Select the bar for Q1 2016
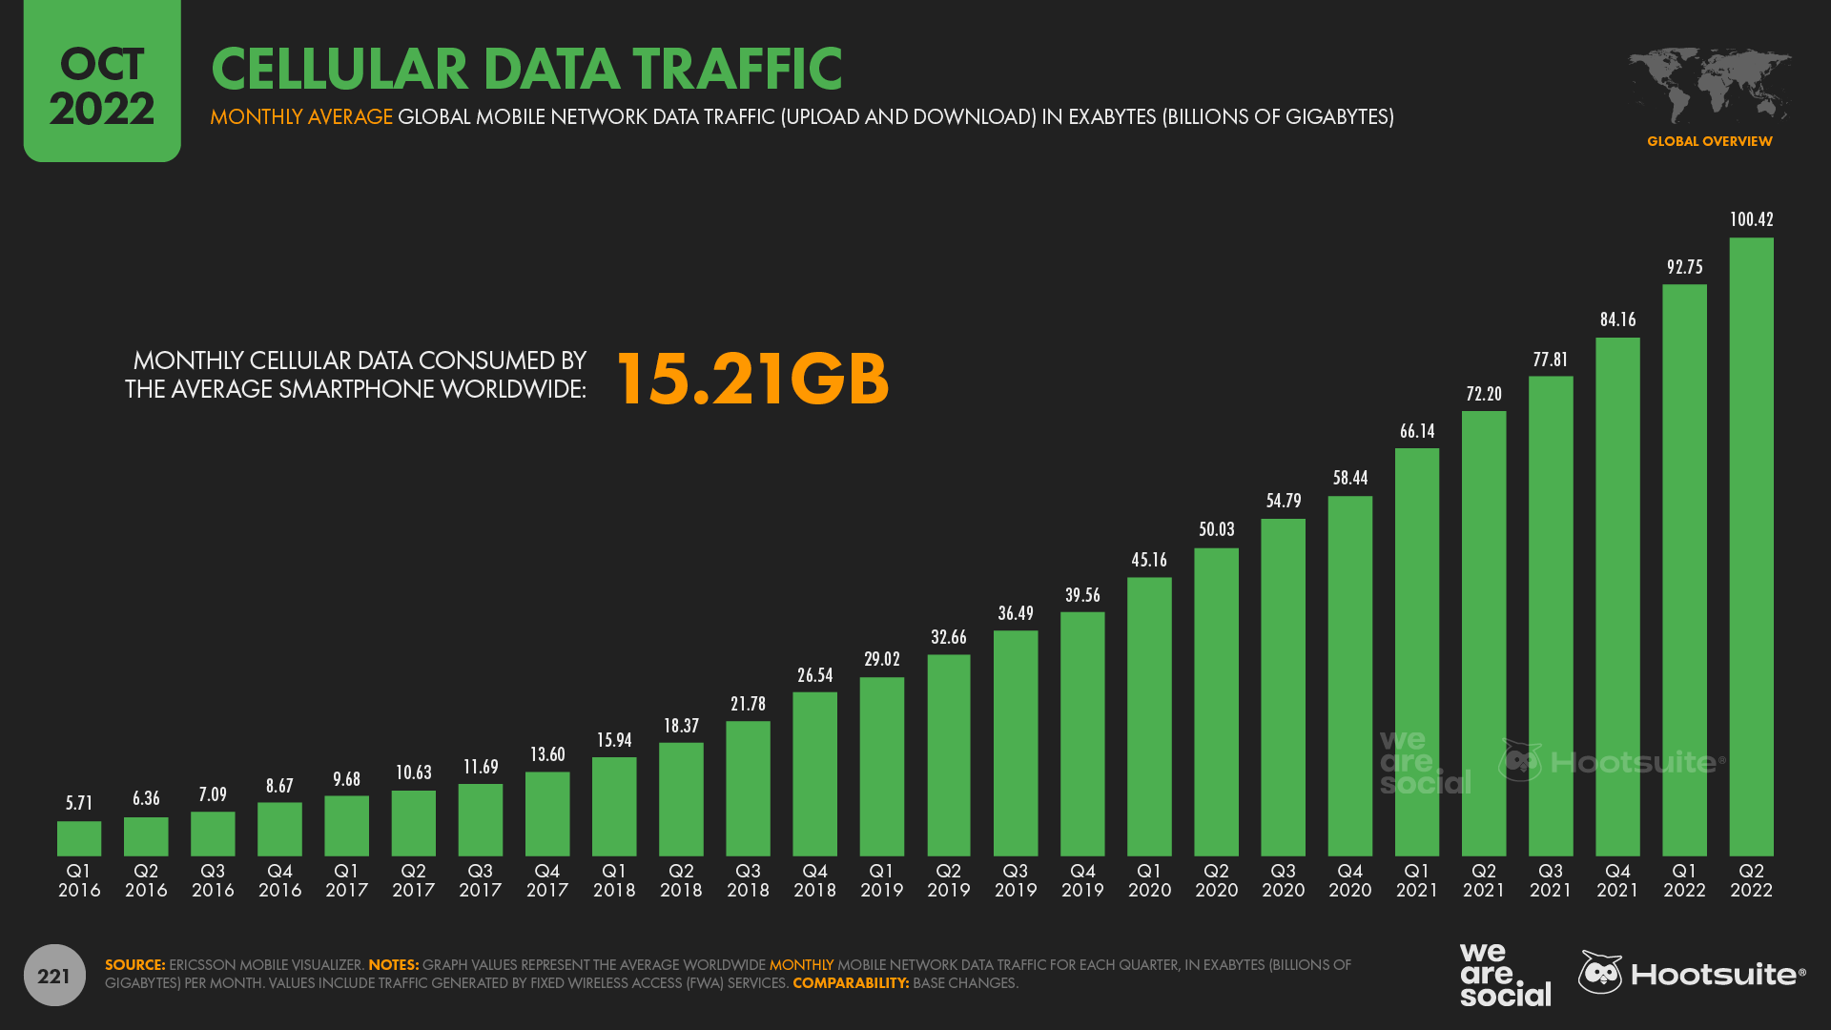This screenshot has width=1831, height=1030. (x=79, y=838)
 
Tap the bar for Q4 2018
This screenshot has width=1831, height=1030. (x=814, y=773)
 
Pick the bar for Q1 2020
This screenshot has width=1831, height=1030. (x=1149, y=716)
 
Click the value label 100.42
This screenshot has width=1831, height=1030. (x=1751, y=219)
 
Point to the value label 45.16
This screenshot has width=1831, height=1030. (x=1149, y=560)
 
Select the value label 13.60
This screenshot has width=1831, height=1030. (x=547, y=754)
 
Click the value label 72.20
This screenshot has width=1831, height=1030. (x=1484, y=394)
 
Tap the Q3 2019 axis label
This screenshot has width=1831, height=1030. (x=1016, y=880)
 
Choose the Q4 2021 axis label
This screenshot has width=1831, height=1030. (x=1617, y=880)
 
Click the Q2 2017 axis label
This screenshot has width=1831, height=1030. (x=413, y=880)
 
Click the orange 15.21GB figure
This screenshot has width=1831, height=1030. (x=753, y=379)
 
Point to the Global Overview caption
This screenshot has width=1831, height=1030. (x=1709, y=141)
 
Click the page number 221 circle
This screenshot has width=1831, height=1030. (x=54, y=975)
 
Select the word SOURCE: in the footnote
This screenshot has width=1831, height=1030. (x=134, y=965)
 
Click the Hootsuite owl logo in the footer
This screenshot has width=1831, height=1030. (x=1600, y=973)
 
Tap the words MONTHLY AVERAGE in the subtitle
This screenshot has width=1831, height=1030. (x=301, y=117)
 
